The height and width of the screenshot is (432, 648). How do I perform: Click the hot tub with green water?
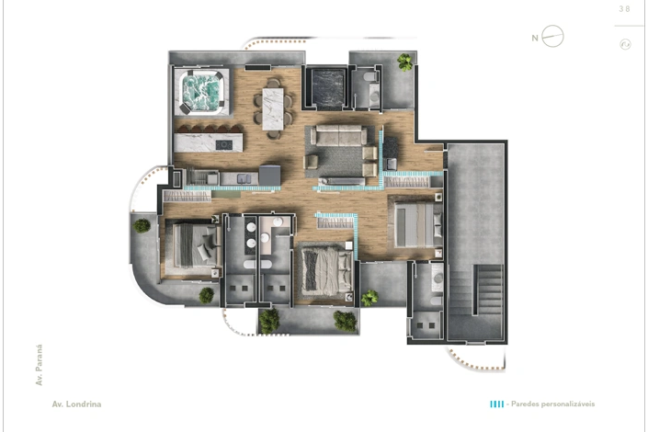click(x=201, y=92)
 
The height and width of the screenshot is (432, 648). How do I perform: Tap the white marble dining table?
click(x=273, y=108)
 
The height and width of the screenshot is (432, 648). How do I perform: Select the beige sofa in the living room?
click(x=338, y=136)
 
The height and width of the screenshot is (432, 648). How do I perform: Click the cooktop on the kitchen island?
click(x=224, y=144)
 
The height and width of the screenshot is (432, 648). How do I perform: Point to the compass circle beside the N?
click(x=552, y=37)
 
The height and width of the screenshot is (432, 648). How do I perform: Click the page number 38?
click(x=624, y=9)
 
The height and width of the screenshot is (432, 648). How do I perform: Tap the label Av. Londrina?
click(x=76, y=404)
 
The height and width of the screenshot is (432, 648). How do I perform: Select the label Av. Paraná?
click(x=40, y=365)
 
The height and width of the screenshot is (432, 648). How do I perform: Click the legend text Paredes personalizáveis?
click(x=553, y=404)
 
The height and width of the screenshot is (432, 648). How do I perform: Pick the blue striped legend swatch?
click(x=496, y=404)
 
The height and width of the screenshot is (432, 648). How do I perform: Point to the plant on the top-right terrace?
click(x=405, y=62)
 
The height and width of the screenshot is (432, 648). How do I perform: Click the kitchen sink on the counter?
click(x=243, y=178)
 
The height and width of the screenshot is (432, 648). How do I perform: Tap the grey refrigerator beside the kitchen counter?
click(x=270, y=176)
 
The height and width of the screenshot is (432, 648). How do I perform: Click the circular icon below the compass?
click(x=625, y=44)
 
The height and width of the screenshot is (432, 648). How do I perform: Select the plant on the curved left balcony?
click(x=142, y=226)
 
